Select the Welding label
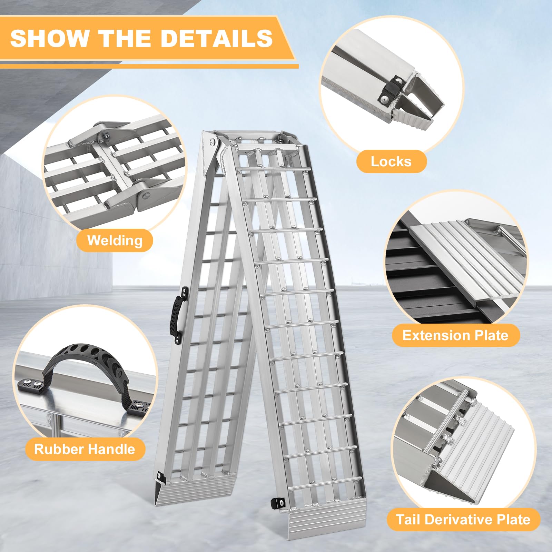115,240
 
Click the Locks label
391,161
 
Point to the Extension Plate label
455,335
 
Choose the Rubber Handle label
85,449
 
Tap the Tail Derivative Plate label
463,520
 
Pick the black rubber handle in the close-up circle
86,359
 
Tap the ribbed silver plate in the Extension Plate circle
466,262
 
